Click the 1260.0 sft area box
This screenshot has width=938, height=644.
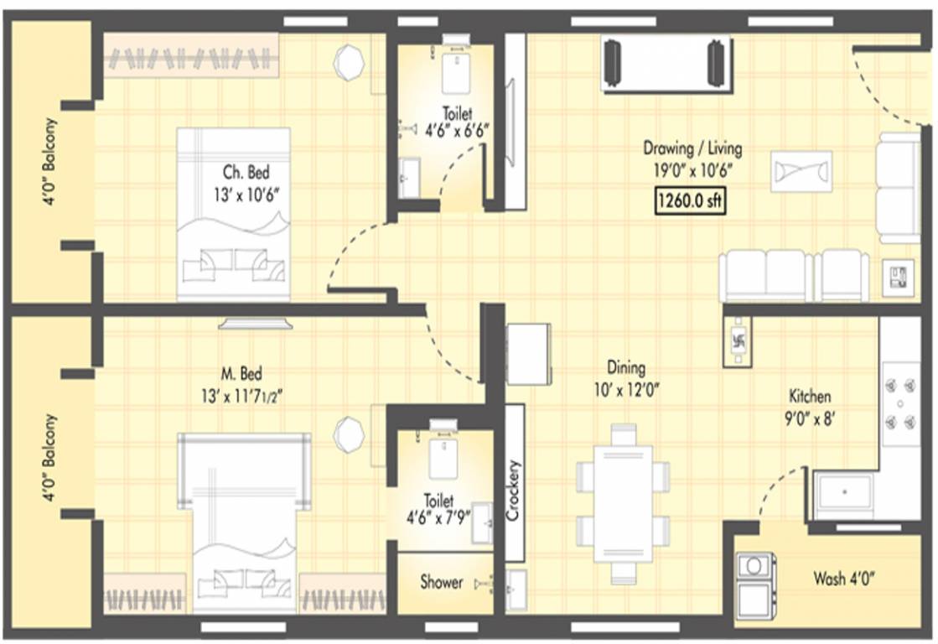(x=689, y=202)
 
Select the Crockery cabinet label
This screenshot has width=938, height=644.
(x=515, y=491)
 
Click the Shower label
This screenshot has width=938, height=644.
(x=442, y=582)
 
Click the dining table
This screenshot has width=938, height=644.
(x=623, y=504)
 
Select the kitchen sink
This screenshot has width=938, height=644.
(x=844, y=492)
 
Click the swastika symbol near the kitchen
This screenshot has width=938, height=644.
(x=738, y=341)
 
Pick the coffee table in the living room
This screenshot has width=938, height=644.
(x=801, y=171)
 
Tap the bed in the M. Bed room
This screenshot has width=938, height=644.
(x=244, y=520)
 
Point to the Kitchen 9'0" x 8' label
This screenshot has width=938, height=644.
(x=809, y=405)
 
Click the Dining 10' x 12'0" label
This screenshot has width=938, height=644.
(x=626, y=378)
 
